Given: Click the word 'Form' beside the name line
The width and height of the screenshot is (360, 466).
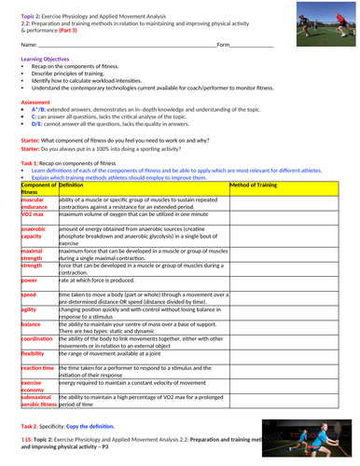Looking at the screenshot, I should coord(223,44).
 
